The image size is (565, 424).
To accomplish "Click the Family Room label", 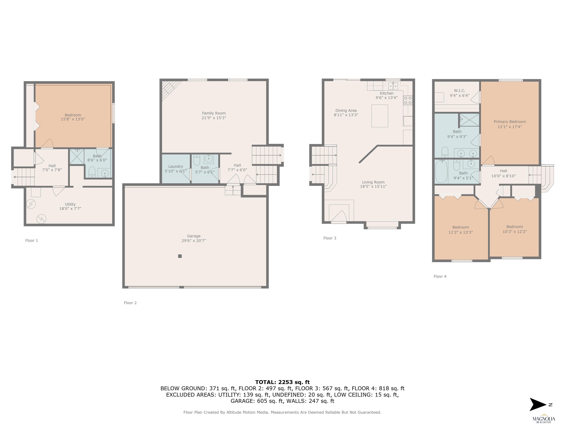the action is [214, 113].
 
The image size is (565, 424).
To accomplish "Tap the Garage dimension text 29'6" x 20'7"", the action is [194, 241].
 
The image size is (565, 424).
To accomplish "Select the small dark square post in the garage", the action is [180, 256].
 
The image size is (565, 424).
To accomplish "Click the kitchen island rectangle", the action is [380, 116].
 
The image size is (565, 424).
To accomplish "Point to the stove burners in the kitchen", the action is [408, 100].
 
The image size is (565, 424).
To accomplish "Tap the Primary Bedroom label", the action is [510, 122].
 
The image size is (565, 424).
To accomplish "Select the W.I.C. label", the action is [459, 91].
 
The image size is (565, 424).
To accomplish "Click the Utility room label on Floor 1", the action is [70, 204].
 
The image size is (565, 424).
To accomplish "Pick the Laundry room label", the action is [175, 166].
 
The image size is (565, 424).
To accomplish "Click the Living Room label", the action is [373, 182].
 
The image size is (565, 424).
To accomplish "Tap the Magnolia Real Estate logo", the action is [543, 418].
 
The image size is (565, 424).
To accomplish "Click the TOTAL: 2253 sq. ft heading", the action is [282, 382].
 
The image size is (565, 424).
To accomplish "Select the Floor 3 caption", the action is [330, 238].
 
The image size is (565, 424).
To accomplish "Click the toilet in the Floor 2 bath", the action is [197, 160].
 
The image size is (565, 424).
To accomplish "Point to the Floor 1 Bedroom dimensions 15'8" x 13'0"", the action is [73, 119].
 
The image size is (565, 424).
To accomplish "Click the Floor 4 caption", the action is [440, 277].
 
